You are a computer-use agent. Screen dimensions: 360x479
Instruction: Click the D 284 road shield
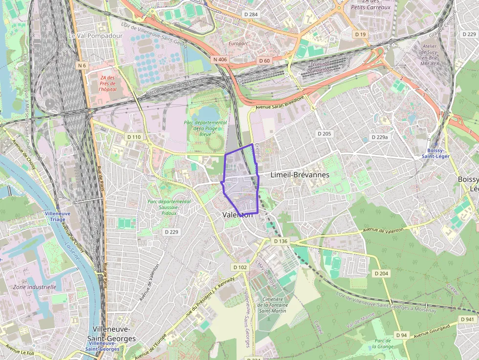point(250,15)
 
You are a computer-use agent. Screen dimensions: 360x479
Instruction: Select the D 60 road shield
point(264,61)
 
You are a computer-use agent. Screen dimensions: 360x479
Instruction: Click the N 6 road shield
point(82,65)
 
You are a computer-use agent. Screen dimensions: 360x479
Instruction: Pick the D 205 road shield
point(324,133)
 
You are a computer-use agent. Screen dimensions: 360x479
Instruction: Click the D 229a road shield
point(379,137)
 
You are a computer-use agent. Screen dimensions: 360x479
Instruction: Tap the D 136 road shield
point(281,241)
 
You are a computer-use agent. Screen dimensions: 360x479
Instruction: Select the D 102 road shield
point(240,267)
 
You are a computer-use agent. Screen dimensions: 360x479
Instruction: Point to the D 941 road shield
point(467,319)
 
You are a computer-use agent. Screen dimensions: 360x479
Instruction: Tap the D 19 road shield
point(361,34)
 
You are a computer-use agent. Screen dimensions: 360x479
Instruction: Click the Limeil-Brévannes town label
point(300,174)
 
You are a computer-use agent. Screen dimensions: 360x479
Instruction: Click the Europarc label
point(239,43)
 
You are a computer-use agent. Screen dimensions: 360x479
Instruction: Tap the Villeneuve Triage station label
point(58,217)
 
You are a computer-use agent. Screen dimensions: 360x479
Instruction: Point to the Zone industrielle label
point(35,287)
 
